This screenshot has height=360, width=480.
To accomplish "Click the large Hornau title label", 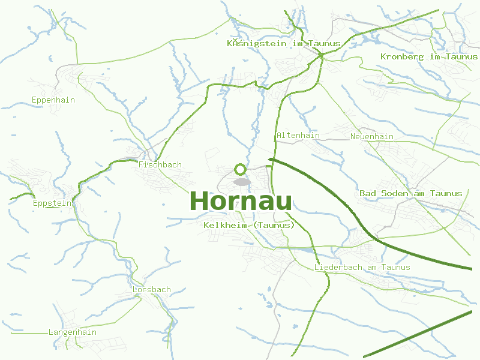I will (x=241, y=202).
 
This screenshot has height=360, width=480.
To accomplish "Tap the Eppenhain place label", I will (x=53, y=100).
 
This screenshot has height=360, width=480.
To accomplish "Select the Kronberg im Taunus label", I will (x=428, y=57).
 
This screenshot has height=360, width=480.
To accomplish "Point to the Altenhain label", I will (x=298, y=136).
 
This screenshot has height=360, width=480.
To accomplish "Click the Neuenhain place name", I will (x=372, y=137).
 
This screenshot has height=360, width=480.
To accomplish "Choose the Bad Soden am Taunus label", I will (x=411, y=193).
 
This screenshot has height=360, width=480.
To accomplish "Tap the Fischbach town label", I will (x=160, y=165).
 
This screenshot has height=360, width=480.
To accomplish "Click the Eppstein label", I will (x=52, y=203).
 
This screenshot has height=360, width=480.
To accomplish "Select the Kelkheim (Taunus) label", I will (x=250, y=225).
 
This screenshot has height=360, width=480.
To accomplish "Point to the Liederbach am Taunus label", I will (x=362, y=268).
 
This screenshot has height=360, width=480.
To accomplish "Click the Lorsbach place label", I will (x=151, y=290).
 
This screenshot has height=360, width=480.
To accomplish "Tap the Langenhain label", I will (x=72, y=332).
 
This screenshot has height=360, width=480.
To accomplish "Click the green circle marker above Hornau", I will (x=241, y=169).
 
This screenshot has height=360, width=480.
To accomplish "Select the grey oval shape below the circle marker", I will (x=241, y=182).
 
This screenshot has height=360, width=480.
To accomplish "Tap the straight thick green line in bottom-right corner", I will (x=420, y=335).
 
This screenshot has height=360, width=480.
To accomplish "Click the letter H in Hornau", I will (x=200, y=202).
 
